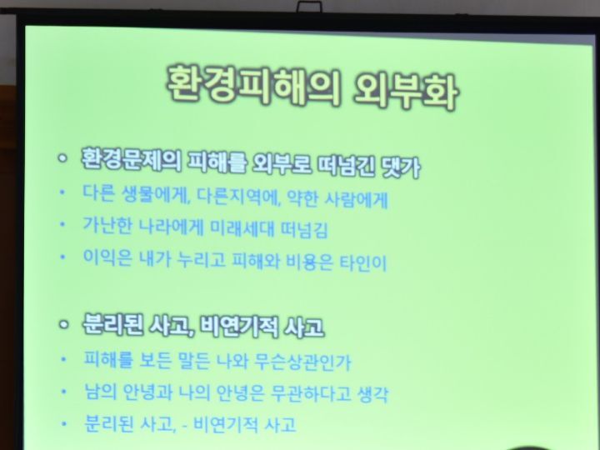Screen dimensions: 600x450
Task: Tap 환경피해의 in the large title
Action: tap(253, 84)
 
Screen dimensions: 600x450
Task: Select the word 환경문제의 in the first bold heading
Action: tap(132, 159)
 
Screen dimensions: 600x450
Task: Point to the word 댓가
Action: tap(401, 167)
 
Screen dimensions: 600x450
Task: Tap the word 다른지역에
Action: tap(237, 197)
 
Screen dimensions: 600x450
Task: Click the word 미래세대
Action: tap(242, 228)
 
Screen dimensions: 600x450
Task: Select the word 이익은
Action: tap(107, 257)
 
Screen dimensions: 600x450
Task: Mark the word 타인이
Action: tap(363, 262)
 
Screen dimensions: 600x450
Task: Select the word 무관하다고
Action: tap(310, 392)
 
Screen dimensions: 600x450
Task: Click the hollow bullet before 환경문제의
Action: tap(62, 157)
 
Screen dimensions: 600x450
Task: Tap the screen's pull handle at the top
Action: tap(309, 7)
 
